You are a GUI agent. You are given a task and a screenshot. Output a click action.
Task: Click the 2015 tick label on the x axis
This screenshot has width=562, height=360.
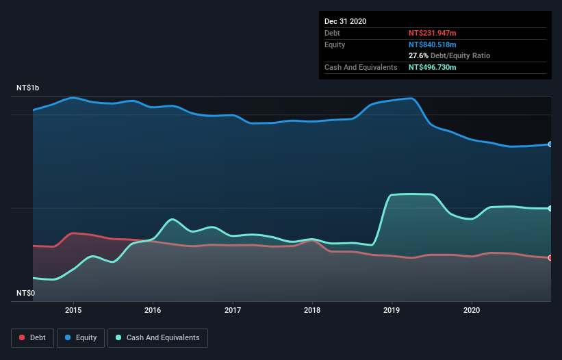[73, 309]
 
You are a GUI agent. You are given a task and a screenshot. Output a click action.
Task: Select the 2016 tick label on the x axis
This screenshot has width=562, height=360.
[153, 309]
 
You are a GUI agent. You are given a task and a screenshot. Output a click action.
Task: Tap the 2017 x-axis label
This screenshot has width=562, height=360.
[233, 309]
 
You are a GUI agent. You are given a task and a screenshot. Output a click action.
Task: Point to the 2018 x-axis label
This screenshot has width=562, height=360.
[312, 309]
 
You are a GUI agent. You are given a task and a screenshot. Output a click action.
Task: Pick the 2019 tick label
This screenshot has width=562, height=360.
[392, 309]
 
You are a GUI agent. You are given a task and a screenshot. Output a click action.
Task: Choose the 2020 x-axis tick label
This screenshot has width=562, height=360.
[472, 309]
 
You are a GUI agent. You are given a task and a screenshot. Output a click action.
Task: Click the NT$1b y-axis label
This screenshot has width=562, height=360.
[28, 88]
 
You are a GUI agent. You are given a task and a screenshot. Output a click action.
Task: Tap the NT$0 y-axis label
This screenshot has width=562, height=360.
[25, 293]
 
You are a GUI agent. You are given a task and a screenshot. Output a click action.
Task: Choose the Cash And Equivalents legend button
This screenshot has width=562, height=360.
[157, 337]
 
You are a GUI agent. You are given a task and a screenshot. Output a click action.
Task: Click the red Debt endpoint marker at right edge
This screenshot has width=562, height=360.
[550, 258]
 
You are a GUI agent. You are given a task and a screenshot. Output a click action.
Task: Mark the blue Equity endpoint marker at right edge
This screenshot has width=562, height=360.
[550, 144]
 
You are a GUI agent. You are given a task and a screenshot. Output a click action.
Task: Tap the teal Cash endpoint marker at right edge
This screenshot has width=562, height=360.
[550, 208]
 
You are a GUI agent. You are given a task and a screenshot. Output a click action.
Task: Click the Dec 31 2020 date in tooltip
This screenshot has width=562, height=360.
[345, 21]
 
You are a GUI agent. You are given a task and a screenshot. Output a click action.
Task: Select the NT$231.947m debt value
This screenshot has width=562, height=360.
[432, 33]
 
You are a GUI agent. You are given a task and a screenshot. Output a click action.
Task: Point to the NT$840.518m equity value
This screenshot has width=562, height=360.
[432, 44]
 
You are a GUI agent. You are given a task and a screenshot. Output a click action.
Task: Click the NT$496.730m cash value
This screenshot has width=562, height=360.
[432, 67]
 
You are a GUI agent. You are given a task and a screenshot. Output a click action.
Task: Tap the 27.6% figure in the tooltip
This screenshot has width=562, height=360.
[418, 55]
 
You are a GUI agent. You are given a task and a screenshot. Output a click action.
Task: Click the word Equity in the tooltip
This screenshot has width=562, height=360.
[335, 44]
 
